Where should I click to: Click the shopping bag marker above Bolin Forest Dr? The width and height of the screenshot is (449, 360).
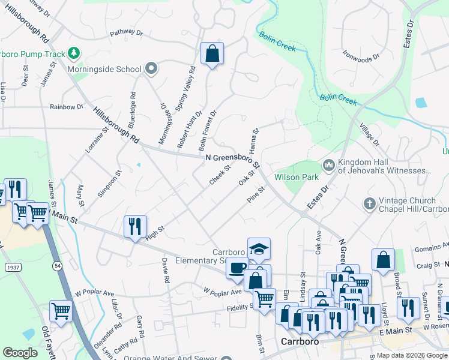tap(212, 55)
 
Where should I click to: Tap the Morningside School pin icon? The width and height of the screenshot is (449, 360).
tap(151, 69)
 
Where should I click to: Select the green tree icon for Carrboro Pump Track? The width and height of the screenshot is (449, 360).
tap(74, 53)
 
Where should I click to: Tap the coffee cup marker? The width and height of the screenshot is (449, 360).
tap(237, 268)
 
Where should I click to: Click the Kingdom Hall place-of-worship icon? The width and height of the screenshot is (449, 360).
tap(328, 164)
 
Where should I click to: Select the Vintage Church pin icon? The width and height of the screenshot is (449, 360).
tap(369, 204)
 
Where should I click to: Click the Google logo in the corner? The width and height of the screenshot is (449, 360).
tap(20, 353)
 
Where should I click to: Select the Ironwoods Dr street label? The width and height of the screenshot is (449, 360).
tap(361, 55)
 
